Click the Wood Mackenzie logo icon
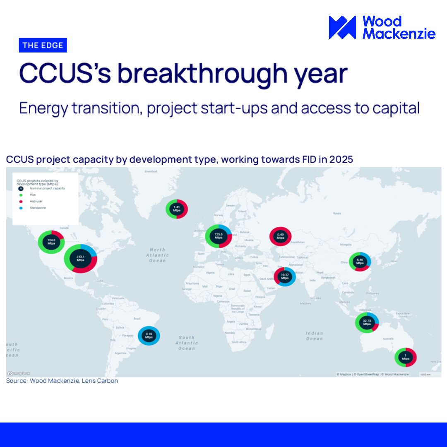pos(342,27)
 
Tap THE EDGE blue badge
pos(43,45)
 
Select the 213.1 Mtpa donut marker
pos(80,258)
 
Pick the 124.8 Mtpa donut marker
pos(51,241)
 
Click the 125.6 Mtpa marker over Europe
pos(219,236)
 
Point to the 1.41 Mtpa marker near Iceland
pos(177,209)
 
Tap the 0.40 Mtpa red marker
pos(280,236)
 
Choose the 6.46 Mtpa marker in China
pos(360,261)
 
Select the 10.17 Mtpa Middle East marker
pos(284,276)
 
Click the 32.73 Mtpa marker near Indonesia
pos(367,322)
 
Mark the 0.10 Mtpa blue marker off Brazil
pos(149,336)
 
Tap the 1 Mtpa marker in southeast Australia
pos(405,357)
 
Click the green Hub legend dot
pos(21,194)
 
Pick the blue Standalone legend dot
pos(21,208)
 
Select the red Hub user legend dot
pos(21,201)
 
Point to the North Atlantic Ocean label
pos(157,255)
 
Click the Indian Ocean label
pos(314,336)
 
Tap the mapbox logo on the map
pos(19,373)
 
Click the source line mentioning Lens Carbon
pos(62,381)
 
